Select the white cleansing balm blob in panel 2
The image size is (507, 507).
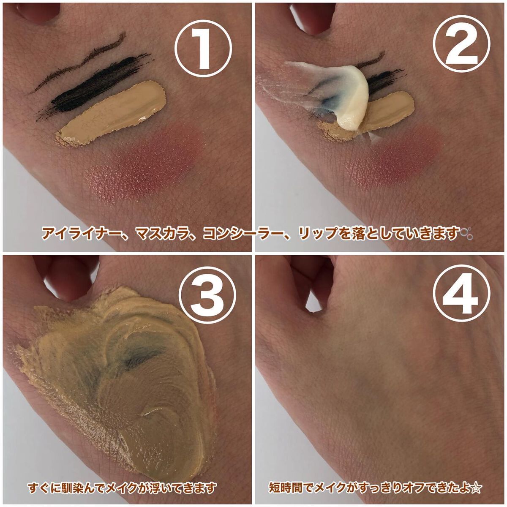point(342,90)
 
